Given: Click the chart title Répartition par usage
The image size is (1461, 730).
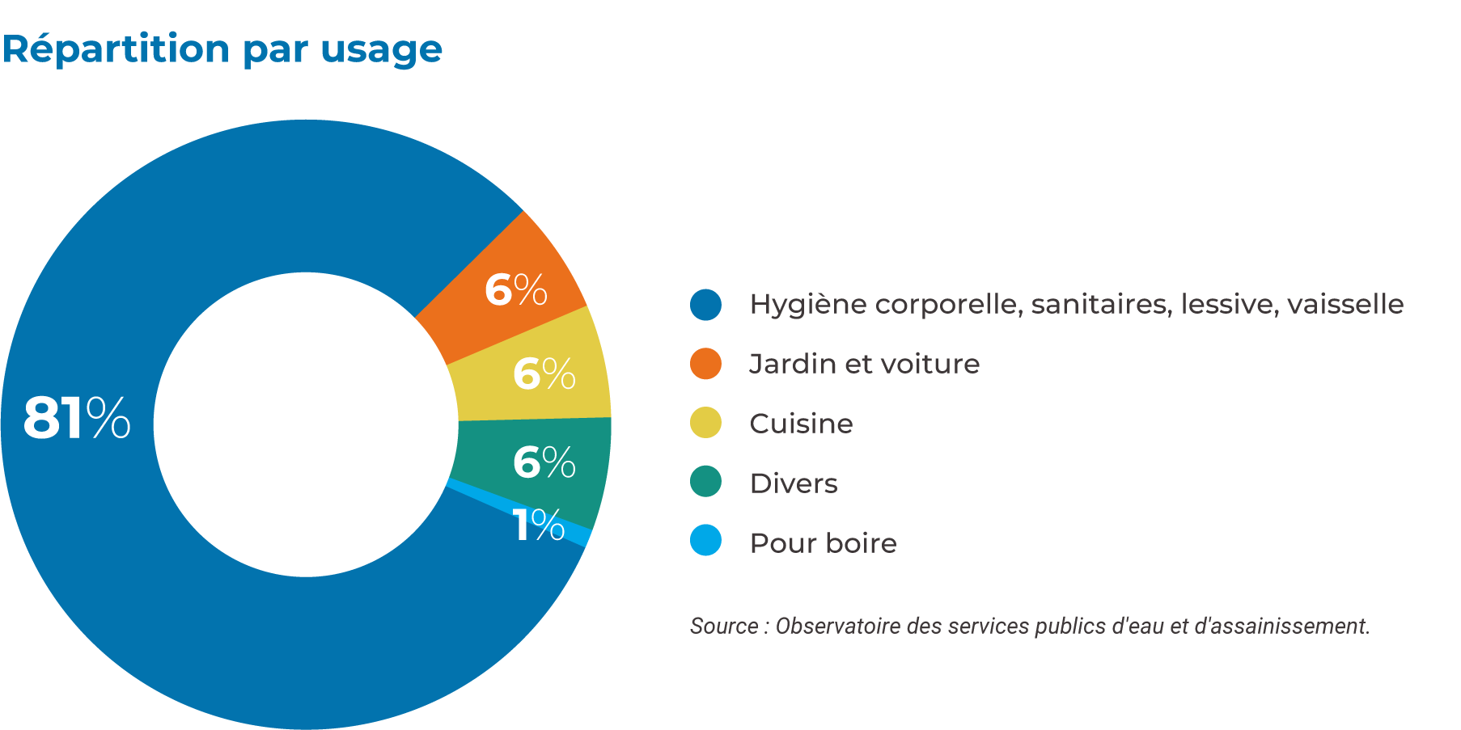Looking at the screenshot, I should tap(222, 49).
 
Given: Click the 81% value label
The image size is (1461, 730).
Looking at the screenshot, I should tap(77, 418).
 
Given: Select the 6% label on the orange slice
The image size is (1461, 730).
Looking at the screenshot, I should tap(515, 289).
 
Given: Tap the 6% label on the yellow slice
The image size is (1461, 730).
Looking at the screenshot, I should tap(544, 373).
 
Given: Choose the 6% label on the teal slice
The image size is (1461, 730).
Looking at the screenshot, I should tap(544, 462).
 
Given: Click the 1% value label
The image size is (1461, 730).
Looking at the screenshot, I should tap(538, 525).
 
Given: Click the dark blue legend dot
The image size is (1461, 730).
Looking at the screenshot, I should tap(705, 305).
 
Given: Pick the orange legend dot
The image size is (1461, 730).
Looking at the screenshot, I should tap(705, 364).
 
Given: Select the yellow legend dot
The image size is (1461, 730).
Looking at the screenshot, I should tap(705, 423).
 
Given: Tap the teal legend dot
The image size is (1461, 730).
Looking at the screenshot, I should tap(705, 482).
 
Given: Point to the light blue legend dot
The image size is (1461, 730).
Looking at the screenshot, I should tap(705, 541).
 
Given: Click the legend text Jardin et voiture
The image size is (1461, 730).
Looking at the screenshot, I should tap(864, 364).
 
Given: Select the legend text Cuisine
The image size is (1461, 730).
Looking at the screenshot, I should tap(801, 424).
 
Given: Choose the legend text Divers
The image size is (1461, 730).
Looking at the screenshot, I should tap(793, 483).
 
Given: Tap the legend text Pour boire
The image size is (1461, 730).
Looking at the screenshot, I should tap(823, 543).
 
